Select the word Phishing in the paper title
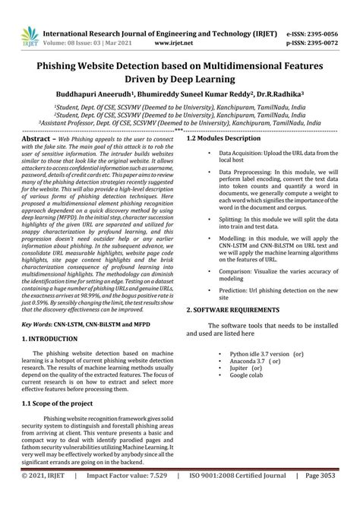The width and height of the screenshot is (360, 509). click(59, 66)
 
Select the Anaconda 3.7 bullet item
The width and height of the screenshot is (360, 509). click(254, 361)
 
